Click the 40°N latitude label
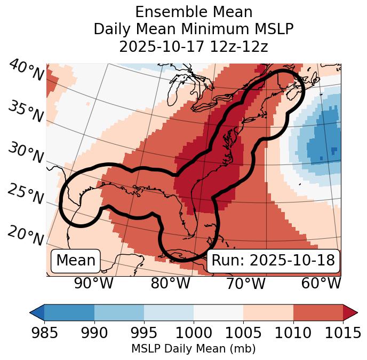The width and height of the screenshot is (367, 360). pos(26,71)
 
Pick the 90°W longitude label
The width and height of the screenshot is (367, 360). pos(94,283)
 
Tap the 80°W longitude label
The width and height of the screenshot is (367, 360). pos(170,283)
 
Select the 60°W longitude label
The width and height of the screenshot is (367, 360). pos(321,283)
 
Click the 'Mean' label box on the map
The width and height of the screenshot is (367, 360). pos(76,261)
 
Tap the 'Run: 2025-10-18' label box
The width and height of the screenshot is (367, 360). pos(273,261)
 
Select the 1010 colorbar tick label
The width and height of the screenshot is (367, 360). pos(293,333)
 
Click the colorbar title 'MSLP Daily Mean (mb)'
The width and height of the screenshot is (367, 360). pos(193,349)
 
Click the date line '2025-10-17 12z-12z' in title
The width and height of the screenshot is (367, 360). pos(193,47)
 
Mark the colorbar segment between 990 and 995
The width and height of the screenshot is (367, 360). pos(119,312)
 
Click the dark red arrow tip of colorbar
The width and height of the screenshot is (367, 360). pos(350,312)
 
